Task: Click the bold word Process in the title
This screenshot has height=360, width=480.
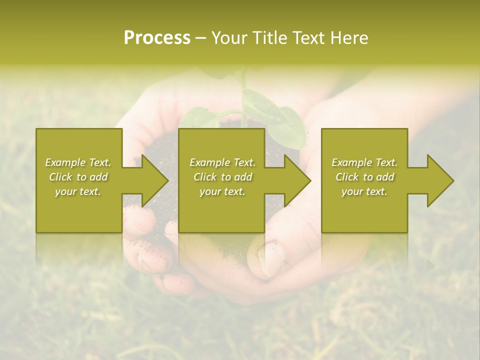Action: (157, 38)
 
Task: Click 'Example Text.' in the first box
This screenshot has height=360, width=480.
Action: (78, 162)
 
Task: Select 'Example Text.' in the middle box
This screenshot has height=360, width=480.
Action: (222, 162)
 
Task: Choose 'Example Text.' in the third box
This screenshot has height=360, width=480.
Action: (364, 162)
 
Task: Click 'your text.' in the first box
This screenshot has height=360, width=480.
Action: (78, 191)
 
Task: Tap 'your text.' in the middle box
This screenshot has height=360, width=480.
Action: (222, 191)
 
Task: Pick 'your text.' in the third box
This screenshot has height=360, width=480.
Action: (364, 191)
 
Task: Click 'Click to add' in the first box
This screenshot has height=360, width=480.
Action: (78, 177)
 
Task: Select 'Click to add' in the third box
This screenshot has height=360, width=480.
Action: (364, 177)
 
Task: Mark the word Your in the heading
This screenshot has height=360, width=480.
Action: (229, 38)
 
